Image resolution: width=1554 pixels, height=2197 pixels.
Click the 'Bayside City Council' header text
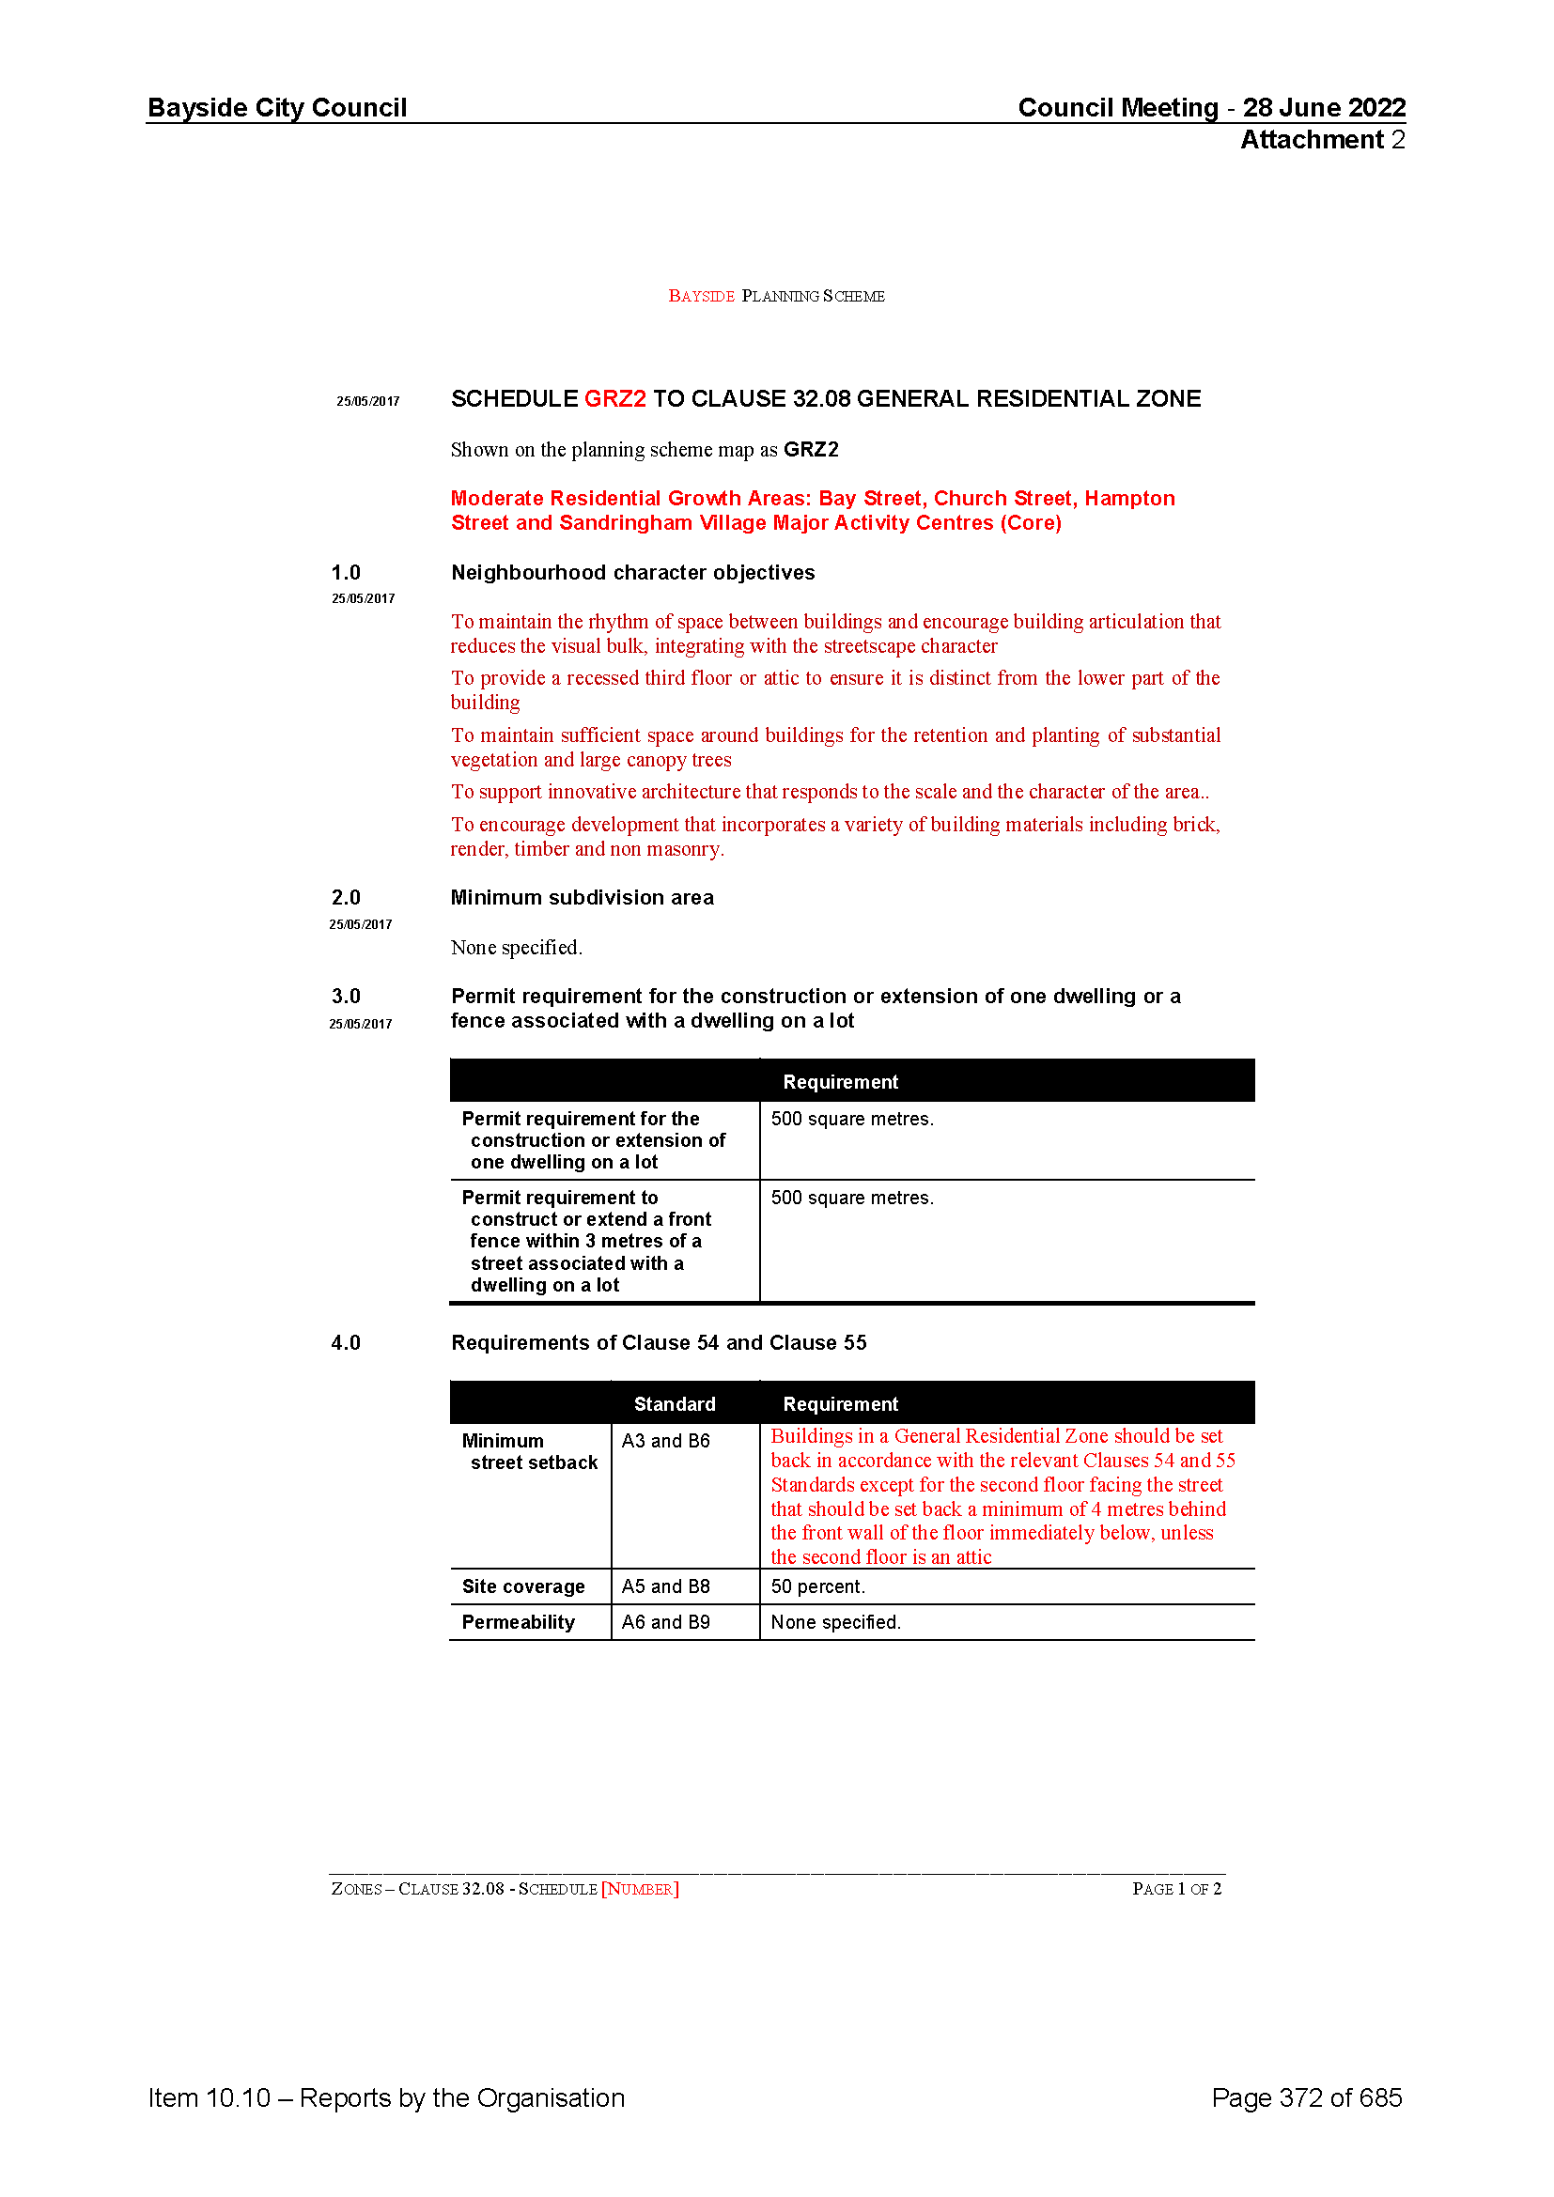click(276, 107)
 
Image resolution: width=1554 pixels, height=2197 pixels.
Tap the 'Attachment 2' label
click(1323, 140)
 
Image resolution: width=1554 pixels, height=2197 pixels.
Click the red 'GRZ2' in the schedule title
click(614, 399)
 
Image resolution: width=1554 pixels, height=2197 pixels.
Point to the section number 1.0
click(346, 573)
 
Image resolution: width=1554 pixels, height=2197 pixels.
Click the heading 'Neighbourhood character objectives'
click(632, 573)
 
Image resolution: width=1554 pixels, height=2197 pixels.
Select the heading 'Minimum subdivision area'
click(582, 898)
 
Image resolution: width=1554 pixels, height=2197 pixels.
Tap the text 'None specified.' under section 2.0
click(516, 948)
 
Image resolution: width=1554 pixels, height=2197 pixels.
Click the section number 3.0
click(346, 996)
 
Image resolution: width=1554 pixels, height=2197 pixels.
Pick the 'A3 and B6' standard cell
click(665, 1441)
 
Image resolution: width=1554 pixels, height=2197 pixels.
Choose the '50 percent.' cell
click(817, 1586)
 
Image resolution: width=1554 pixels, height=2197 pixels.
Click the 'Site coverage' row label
click(522, 1586)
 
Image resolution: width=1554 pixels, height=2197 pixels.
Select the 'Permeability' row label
click(518, 1622)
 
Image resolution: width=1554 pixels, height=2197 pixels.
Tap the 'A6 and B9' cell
click(665, 1622)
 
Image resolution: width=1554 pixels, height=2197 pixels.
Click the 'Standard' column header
click(674, 1403)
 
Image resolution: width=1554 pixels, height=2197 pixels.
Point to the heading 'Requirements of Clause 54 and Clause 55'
click(659, 1342)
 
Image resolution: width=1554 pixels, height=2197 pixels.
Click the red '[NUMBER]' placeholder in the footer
click(639, 1889)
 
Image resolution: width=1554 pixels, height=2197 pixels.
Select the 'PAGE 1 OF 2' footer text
click(1176, 1889)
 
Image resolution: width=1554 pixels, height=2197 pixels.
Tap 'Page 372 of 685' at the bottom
click(1306, 2097)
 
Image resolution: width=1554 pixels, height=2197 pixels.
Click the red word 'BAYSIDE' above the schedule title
click(701, 297)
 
